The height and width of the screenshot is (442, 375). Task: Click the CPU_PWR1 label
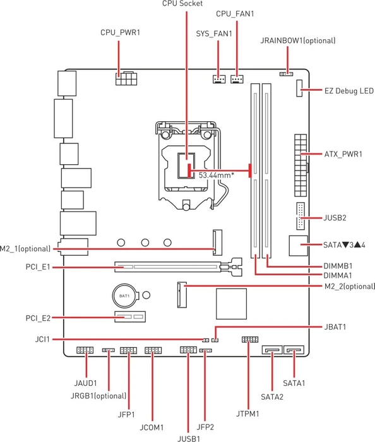click(120, 32)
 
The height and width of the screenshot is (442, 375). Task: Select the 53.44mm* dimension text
click(216, 176)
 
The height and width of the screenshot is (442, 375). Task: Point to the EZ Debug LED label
click(348, 91)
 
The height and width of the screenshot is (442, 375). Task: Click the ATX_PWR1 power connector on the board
click(301, 165)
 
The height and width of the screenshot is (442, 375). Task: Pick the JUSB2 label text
click(335, 218)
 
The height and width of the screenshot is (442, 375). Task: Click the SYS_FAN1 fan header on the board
click(219, 79)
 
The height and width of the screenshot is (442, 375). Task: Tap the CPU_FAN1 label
click(235, 14)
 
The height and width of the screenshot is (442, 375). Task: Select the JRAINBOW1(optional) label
click(298, 40)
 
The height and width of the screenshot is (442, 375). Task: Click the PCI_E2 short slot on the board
click(130, 316)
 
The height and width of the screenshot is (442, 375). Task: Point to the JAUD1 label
click(85, 383)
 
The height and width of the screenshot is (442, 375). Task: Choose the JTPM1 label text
click(247, 414)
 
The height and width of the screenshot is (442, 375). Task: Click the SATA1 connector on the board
click(294, 350)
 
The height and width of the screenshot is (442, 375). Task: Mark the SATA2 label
click(272, 397)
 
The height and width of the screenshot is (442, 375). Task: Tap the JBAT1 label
click(335, 327)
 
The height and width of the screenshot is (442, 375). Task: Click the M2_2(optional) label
click(350, 287)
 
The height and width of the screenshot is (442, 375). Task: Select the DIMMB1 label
click(338, 266)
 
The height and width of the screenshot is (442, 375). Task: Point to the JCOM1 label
click(152, 427)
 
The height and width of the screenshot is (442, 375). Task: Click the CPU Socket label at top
click(182, 3)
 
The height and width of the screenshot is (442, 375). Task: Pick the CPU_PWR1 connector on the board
click(126, 79)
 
